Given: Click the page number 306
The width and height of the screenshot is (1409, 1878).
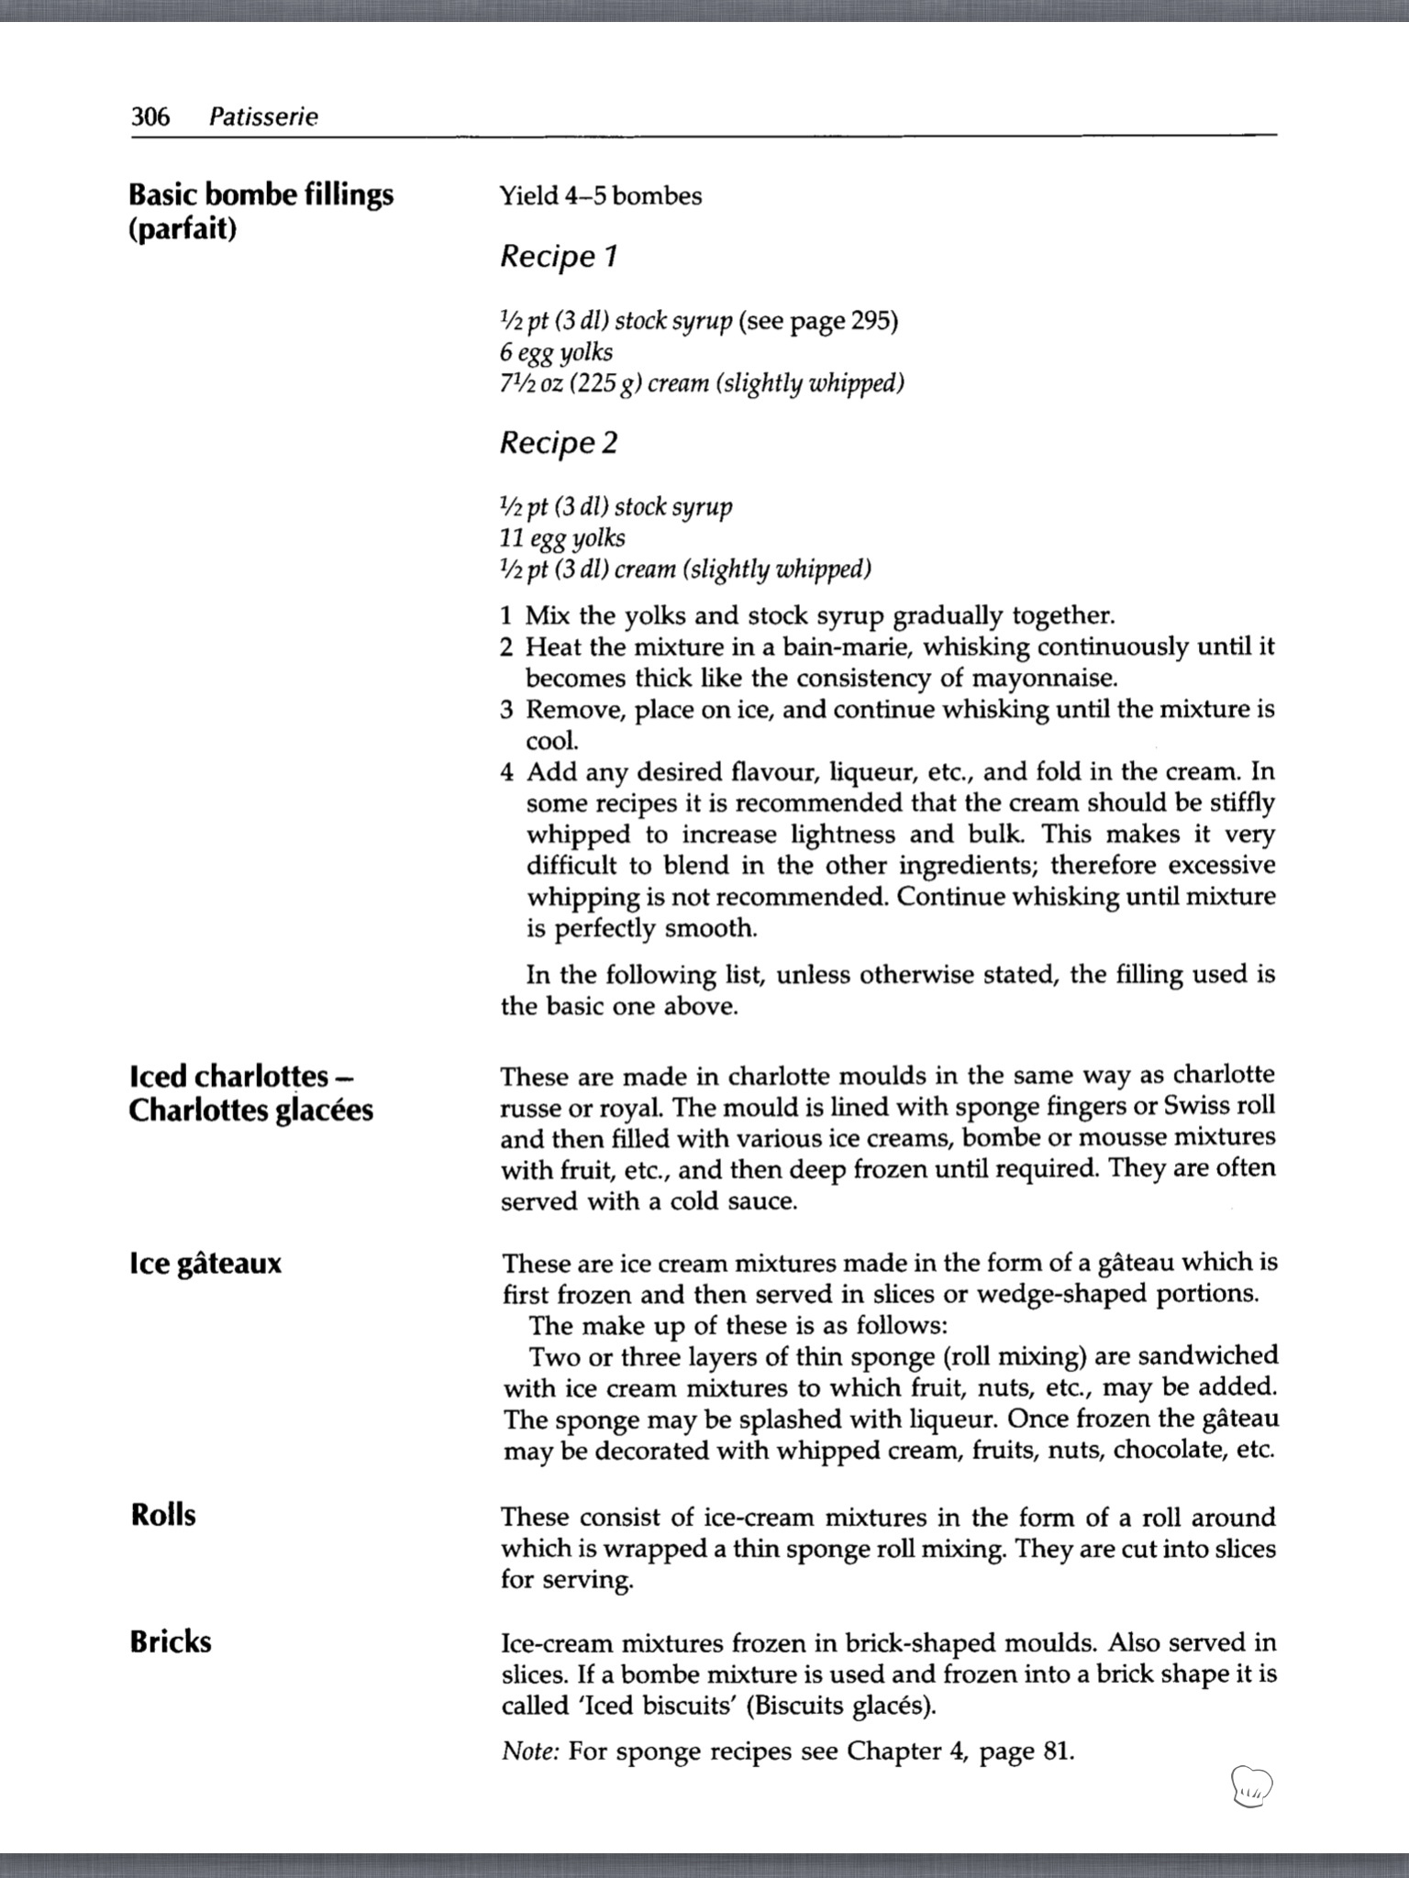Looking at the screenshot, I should pyautogui.click(x=150, y=116).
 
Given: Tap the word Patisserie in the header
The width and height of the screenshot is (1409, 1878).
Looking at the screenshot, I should pyautogui.click(x=263, y=116).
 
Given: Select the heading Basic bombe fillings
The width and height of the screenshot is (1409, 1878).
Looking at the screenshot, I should pyautogui.click(x=261, y=194).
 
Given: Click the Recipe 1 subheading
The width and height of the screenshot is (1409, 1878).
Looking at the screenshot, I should pyautogui.click(x=559, y=256).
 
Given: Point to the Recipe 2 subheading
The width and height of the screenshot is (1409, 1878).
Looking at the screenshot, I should pyautogui.click(x=559, y=443).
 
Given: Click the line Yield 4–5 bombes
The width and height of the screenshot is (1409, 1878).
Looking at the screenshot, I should pyautogui.click(x=601, y=195).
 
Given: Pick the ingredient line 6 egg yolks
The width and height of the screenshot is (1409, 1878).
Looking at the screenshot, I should pyautogui.click(x=556, y=352).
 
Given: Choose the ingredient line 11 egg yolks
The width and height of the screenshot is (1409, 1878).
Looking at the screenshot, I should pyautogui.click(x=562, y=538).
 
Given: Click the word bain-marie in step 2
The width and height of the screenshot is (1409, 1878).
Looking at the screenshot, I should pyautogui.click(x=835, y=647).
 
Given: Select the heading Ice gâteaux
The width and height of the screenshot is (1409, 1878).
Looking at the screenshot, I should pyautogui.click(x=205, y=1264).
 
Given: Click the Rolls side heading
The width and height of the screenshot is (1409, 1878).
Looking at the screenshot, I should pyautogui.click(x=163, y=1514).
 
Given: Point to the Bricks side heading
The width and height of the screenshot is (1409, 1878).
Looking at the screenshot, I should pyautogui.click(x=171, y=1640).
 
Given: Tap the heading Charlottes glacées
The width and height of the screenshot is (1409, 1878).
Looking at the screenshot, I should pyautogui.click(x=251, y=1110).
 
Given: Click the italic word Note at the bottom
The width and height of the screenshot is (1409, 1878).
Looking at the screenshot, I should pyautogui.click(x=530, y=1751).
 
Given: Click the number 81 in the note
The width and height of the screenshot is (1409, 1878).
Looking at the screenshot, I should pyautogui.click(x=1056, y=1751).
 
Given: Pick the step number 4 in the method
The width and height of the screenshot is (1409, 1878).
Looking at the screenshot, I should pyautogui.click(x=507, y=772).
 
